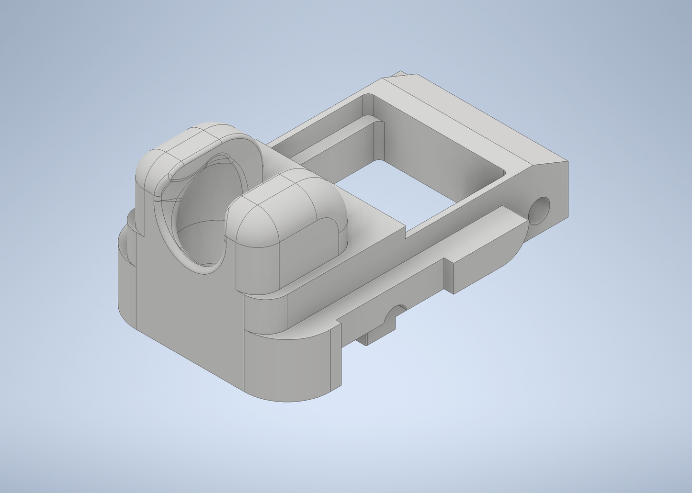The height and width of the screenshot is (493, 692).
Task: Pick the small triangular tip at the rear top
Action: tap(399, 75)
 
